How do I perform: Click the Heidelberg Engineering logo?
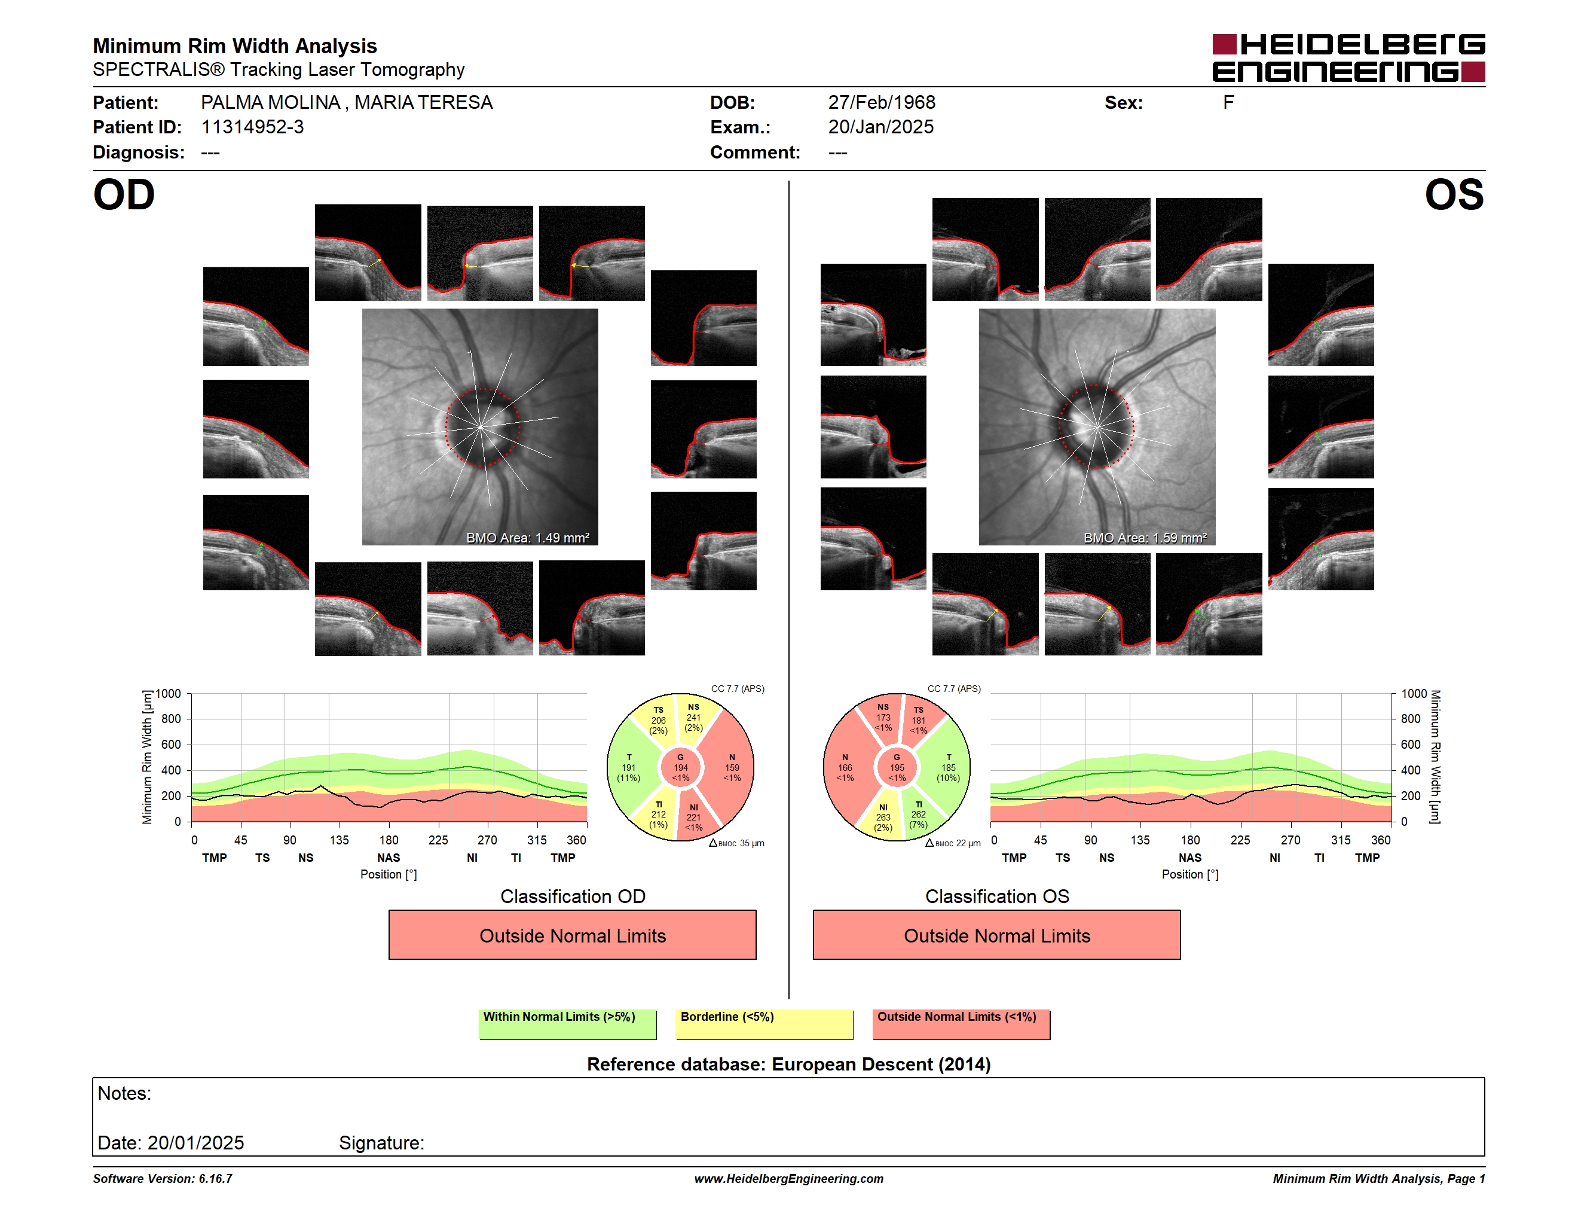click(x=1348, y=58)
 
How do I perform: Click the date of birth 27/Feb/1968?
click(x=882, y=103)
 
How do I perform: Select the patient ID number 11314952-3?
click(x=252, y=127)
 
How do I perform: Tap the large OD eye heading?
click(x=124, y=194)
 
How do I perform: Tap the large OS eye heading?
click(x=1454, y=194)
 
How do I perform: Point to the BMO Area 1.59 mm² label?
click(x=1145, y=538)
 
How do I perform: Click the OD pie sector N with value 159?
click(x=730, y=767)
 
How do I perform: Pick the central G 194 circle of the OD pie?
click(x=680, y=767)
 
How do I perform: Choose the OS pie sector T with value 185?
click(x=947, y=767)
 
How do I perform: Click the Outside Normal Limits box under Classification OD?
click(x=572, y=935)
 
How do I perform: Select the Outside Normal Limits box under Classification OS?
click(x=996, y=935)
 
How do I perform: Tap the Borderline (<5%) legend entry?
click(x=764, y=1024)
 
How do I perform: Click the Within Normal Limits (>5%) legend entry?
click(x=567, y=1024)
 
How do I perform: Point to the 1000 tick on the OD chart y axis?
click(x=169, y=694)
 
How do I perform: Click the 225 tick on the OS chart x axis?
click(x=1240, y=840)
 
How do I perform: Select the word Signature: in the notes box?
click(x=381, y=1143)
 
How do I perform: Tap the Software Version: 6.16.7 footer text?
click(x=163, y=1179)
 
